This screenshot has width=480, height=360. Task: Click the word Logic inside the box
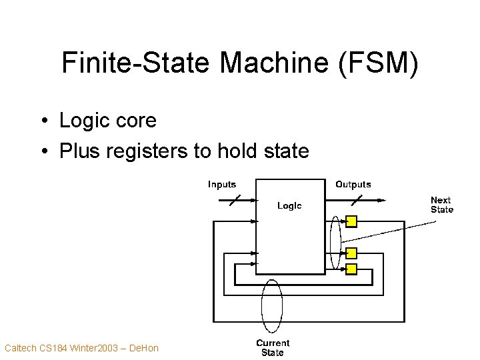click(289, 206)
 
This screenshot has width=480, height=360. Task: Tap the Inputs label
click(222, 185)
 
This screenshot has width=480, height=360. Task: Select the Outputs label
click(353, 185)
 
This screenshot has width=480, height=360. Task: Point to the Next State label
click(441, 205)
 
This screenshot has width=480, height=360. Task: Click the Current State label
click(273, 347)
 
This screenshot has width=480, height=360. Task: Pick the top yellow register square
click(351, 221)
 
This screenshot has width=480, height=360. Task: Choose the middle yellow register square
click(351, 253)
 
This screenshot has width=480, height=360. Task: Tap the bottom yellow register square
click(351, 269)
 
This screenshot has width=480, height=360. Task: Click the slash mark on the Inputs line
click(235, 199)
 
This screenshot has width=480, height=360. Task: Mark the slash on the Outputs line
click(358, 199)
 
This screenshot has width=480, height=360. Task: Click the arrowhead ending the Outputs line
click(383, 199)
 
